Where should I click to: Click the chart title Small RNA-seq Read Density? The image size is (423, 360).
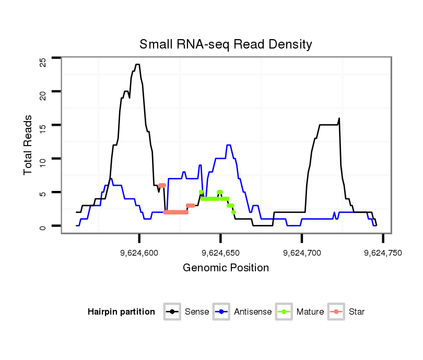[226, 44]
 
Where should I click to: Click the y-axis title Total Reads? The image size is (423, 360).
[28, 145]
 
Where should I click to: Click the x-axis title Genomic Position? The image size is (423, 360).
[226, 268]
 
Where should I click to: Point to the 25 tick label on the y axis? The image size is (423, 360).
[43, 62]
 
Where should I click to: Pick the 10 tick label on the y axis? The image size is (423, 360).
[43, 159]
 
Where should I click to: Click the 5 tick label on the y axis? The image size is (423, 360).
[43, 193]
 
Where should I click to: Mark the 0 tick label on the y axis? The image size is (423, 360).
[43, 226]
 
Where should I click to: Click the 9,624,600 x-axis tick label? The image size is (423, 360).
[139, 253]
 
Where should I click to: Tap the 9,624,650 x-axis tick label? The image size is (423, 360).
[220, 253]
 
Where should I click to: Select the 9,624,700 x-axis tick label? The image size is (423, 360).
[302, 253]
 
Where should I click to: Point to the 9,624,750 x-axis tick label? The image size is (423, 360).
[383, 253]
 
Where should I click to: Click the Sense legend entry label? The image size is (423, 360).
[197, 312]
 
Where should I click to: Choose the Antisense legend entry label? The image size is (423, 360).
[253, 312]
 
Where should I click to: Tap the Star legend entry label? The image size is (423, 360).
[356, 312]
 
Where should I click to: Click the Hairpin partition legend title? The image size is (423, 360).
[121, 312]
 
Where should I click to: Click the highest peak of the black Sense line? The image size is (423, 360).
[137, 65]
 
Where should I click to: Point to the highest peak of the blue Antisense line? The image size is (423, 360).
[229, 145]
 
